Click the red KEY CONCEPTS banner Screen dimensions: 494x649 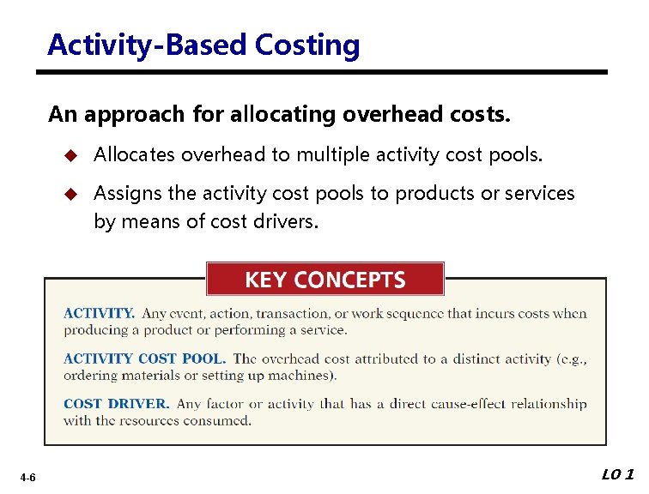click(324, 280)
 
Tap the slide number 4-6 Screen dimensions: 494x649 click(28, 477)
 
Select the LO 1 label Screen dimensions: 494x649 click(618, 474)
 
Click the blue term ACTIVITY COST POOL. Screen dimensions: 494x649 click(144, 358)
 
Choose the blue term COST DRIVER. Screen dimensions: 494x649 click(116, 404)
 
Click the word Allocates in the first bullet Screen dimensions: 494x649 click(134, 155)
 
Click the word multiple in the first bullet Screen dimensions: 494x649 click(337, 155)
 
